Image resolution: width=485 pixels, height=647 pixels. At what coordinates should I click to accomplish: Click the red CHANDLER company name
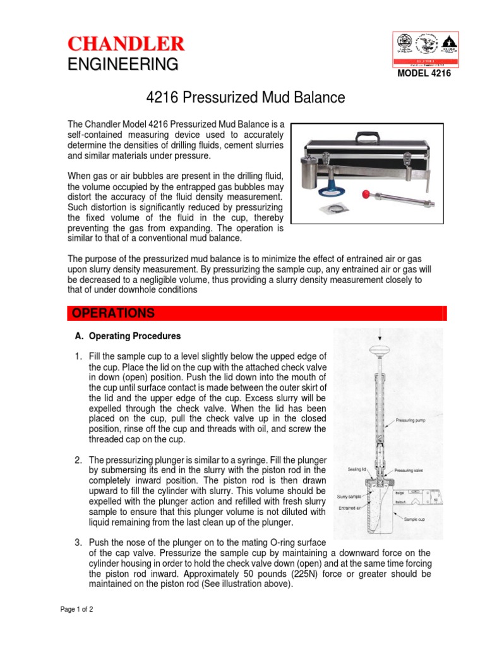pyautogui.click(x=126, y=44)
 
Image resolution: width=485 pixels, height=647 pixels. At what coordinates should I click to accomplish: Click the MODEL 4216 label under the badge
pyautogui.click(x=424, y=73)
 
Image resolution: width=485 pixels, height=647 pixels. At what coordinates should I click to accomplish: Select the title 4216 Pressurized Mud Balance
pyautogui.click(x=246, y=98)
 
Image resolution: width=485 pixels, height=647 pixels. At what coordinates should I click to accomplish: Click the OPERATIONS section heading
pyautogui.click(x=113, y=313)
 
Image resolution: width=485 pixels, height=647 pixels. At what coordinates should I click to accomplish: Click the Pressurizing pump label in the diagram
pyautogui.click(x=413, y=420)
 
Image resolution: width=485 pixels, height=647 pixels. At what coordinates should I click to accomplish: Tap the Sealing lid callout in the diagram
pyautogui.click(x=357, y=469)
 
